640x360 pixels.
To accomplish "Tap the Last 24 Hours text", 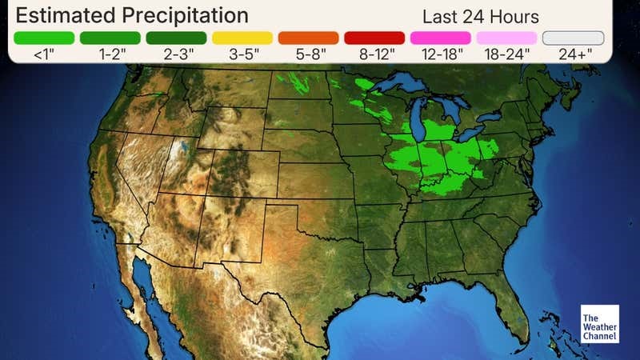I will pyautogui.click(x=480, y=17).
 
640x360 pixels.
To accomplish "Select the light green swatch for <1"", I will pyautogui.click(x=44, y=38).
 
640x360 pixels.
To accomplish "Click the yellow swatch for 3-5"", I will pyautogui.click(x=242, y=38).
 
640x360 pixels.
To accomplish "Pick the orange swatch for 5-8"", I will pyautogui.click(x=308, y=38).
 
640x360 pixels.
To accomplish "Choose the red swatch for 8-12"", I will pyautogui.click(x=374, y=38).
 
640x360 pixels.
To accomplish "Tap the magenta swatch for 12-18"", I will pyautogui.click(x=440, y=38).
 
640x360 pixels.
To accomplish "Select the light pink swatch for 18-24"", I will pyautogui.click(x=506, y=38).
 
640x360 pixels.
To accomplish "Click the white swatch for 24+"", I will pyautogui.click(x=573, y=38).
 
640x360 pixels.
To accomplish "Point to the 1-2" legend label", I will pyautogui.click(x=110, y=54).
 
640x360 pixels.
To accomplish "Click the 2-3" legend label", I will pyautogui.click(x=176, y=54).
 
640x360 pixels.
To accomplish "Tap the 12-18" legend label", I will pyautogui.click(x=440, y=54).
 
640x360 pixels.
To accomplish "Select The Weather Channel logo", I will pyautogui.click(x=600, y=324).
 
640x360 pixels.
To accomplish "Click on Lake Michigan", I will pyautogui.click(x=418, y=120).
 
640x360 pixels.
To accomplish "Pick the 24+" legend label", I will pyautogui.click(x=573, y=54).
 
